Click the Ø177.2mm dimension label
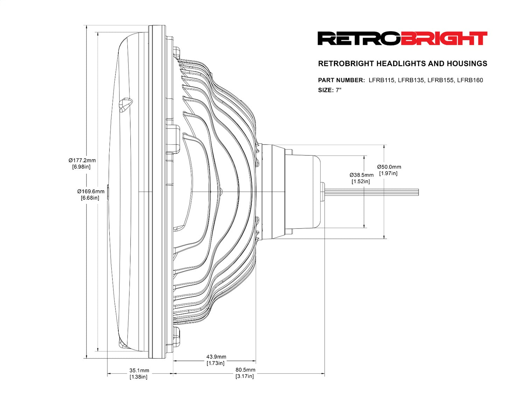(x=82, y=160)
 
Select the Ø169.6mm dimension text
(x=91, y=191)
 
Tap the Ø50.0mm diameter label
(x=389, y=167)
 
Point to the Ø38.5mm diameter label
(x=361, y=175)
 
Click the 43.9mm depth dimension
(x=216, y=357)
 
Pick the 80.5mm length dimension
(x=245, y=370)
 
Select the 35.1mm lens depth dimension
(x=139, y=370)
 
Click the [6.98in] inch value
(x=81, y=167)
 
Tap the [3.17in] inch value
(x=245, y=376)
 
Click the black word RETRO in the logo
(x=359, y=38)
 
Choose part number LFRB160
(x=470, y=80)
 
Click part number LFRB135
(x=411, y=80)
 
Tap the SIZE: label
(x=325, y=90)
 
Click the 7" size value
(x=338, y=90)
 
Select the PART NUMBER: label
(x=341, y=80)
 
